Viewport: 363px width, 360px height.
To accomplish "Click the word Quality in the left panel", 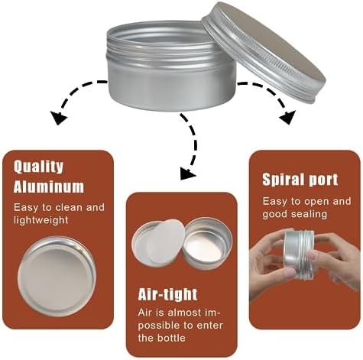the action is pos(38,167).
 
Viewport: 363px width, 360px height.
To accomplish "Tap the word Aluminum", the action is pos(49,186).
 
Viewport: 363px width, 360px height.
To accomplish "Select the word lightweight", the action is pos(41,220).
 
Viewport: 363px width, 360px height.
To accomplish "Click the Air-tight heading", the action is pos(167,295).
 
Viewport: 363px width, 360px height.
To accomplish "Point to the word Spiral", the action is pos(282,180).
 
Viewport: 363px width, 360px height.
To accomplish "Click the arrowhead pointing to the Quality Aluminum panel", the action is pos(58,118).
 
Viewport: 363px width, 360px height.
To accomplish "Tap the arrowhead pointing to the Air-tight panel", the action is pos(187,174).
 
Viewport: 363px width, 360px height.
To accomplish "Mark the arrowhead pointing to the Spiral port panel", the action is pos(288,117).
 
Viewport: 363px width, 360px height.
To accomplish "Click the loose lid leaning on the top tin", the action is pos(264,52).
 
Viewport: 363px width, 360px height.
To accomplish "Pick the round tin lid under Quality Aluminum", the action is pos(57,276).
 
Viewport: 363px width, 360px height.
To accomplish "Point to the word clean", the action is pos(69,207).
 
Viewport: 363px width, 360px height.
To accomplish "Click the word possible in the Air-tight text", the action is pos(159,326).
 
